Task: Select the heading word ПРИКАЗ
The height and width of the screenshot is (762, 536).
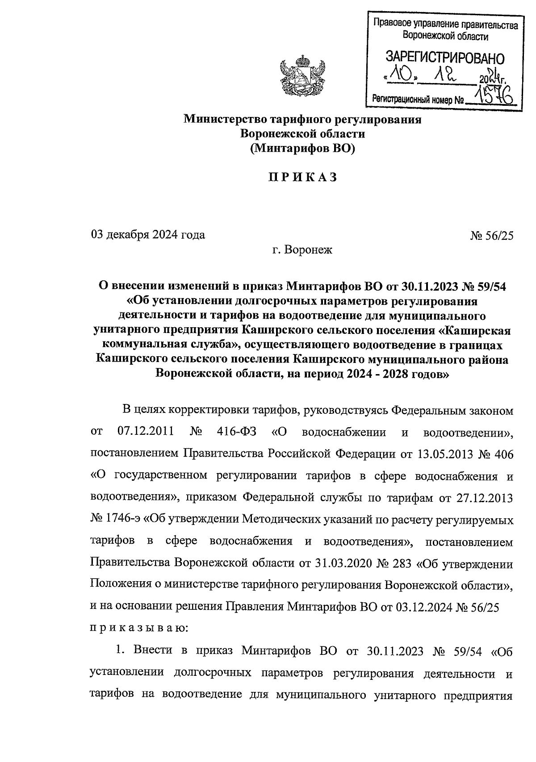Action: pyautogui.click(x=302, y=177)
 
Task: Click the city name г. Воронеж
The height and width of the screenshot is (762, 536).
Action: pyautogui.click(x=302, y=250)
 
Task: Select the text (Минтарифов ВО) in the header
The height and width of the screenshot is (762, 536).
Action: pyautogui.click(x=302, y=149)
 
